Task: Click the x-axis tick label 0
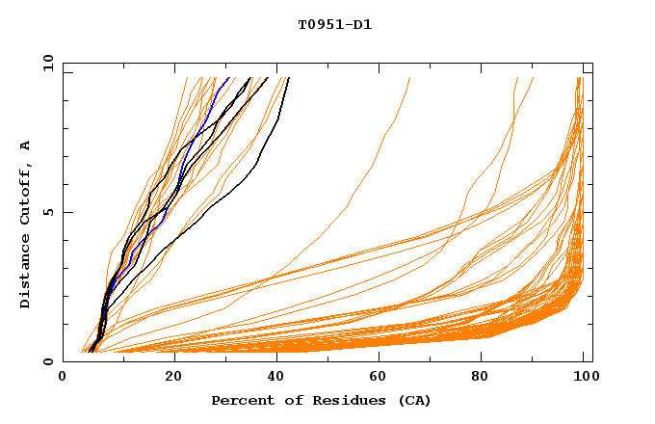[64, 378]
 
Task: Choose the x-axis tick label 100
[585, 378]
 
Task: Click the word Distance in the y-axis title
[26, 275]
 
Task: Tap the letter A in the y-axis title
[26, 145]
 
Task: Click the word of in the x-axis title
[287, 401]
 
